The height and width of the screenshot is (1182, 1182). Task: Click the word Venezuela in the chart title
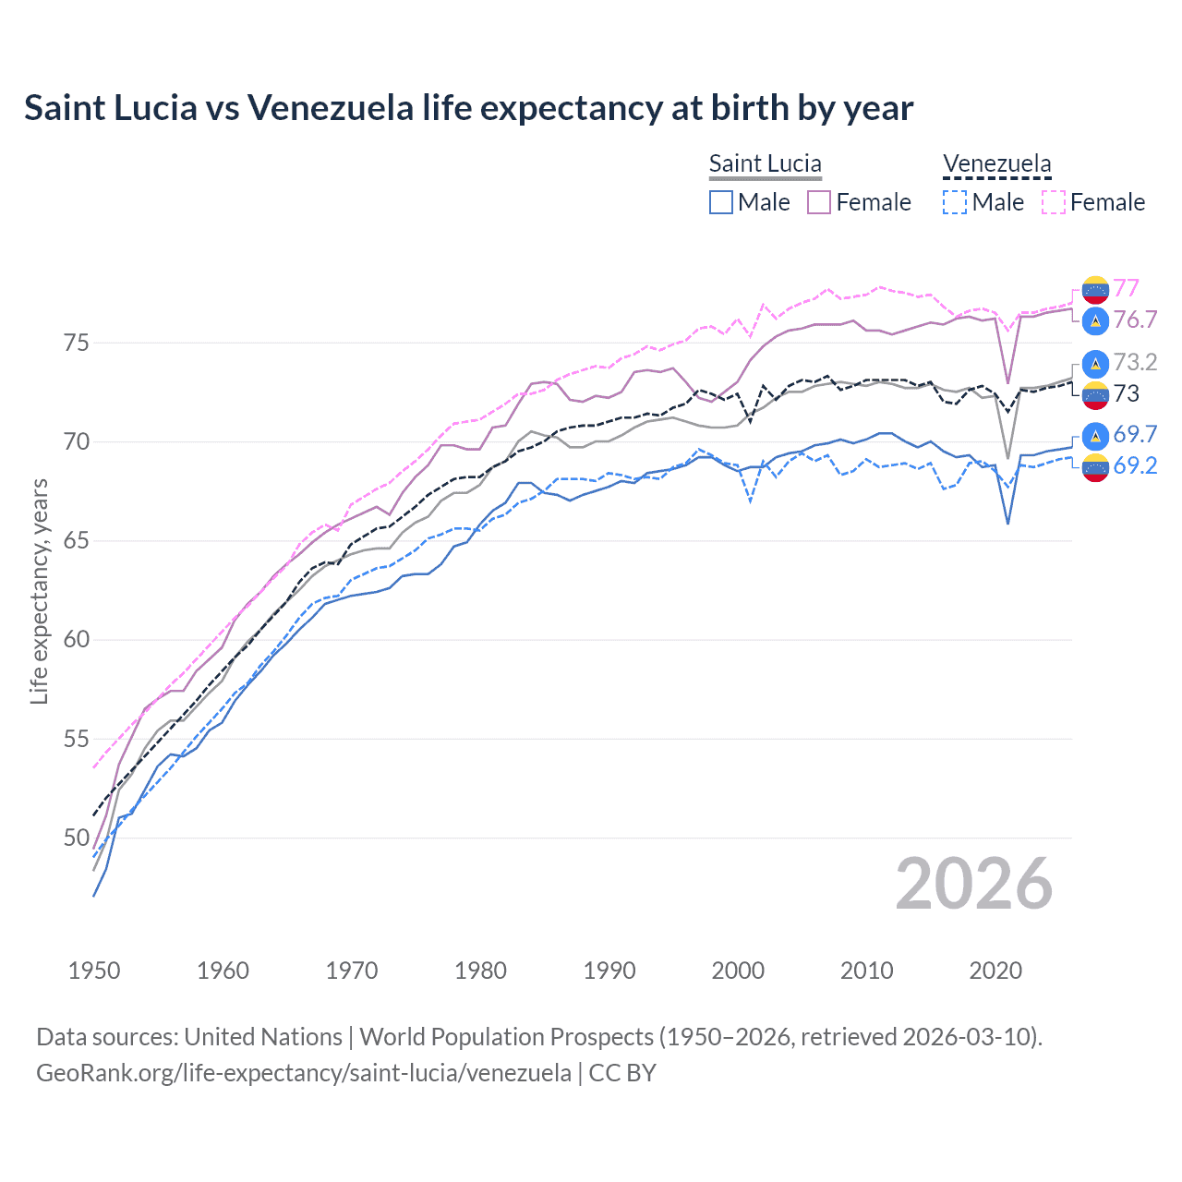pos(330,108)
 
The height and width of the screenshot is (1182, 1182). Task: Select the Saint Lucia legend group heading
pos(765,163)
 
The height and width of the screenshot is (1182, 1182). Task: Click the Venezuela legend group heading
pos(996,163)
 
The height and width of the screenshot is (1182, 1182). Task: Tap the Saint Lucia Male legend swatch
pos(721,202)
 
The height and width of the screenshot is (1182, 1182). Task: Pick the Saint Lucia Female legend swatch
pos(819,202)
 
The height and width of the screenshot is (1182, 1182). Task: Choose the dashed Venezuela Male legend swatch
pos(955,202)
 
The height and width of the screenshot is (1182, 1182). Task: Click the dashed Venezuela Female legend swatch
pos(1054,202)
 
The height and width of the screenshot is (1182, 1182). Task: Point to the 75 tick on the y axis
pos(76,343)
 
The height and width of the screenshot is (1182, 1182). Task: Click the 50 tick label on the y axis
pos(76,838)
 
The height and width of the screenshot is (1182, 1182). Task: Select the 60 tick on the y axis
pos(76,640)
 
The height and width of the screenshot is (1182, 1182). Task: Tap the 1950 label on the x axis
pos(94,971)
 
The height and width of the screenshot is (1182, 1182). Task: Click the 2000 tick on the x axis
pos(738,971)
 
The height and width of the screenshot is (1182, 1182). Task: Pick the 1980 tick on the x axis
pos(480,971)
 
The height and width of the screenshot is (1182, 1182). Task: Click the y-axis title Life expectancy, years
pos(39,591)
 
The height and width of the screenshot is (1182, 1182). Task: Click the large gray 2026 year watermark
pos(973,884)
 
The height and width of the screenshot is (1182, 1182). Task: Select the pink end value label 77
pos(1126,288)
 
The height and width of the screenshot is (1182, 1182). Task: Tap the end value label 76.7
pos(1135,320)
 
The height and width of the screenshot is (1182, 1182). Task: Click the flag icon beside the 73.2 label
pos(1095,363)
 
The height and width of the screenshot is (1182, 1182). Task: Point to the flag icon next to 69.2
pos(1095,468)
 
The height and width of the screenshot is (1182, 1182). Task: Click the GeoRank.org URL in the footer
pos(303,1073)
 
